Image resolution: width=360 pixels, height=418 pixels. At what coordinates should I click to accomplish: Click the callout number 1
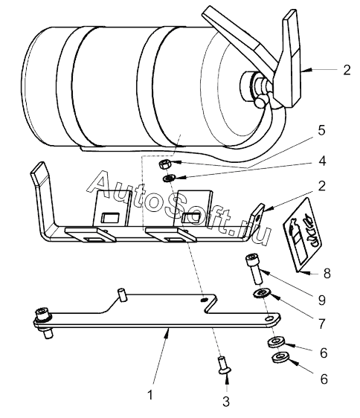[150, 394]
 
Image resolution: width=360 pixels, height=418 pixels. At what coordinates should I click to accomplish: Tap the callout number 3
[226, 402]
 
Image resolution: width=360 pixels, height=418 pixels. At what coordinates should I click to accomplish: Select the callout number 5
[322, 130]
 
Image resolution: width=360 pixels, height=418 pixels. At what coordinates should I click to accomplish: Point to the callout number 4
[322, 161]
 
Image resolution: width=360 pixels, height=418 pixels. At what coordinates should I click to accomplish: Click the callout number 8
[327, 274]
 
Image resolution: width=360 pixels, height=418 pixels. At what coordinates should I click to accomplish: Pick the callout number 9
[322, 300]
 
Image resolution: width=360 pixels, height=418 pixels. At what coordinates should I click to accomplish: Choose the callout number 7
[322, 324]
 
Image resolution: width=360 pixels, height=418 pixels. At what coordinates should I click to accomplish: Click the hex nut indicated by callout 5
[163, 164]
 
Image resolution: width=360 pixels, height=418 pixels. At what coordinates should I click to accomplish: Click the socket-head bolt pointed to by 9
[254, 269]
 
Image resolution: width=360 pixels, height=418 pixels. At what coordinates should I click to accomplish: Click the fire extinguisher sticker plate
[302, 234]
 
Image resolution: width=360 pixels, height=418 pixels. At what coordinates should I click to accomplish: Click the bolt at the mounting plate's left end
[43, 322]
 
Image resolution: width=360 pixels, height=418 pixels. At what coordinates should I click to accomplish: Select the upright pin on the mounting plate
[123, 295]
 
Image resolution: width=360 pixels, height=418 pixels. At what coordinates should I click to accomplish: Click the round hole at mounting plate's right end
[269, 318]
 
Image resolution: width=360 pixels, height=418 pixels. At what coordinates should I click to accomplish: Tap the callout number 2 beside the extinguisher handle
[347, 70]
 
